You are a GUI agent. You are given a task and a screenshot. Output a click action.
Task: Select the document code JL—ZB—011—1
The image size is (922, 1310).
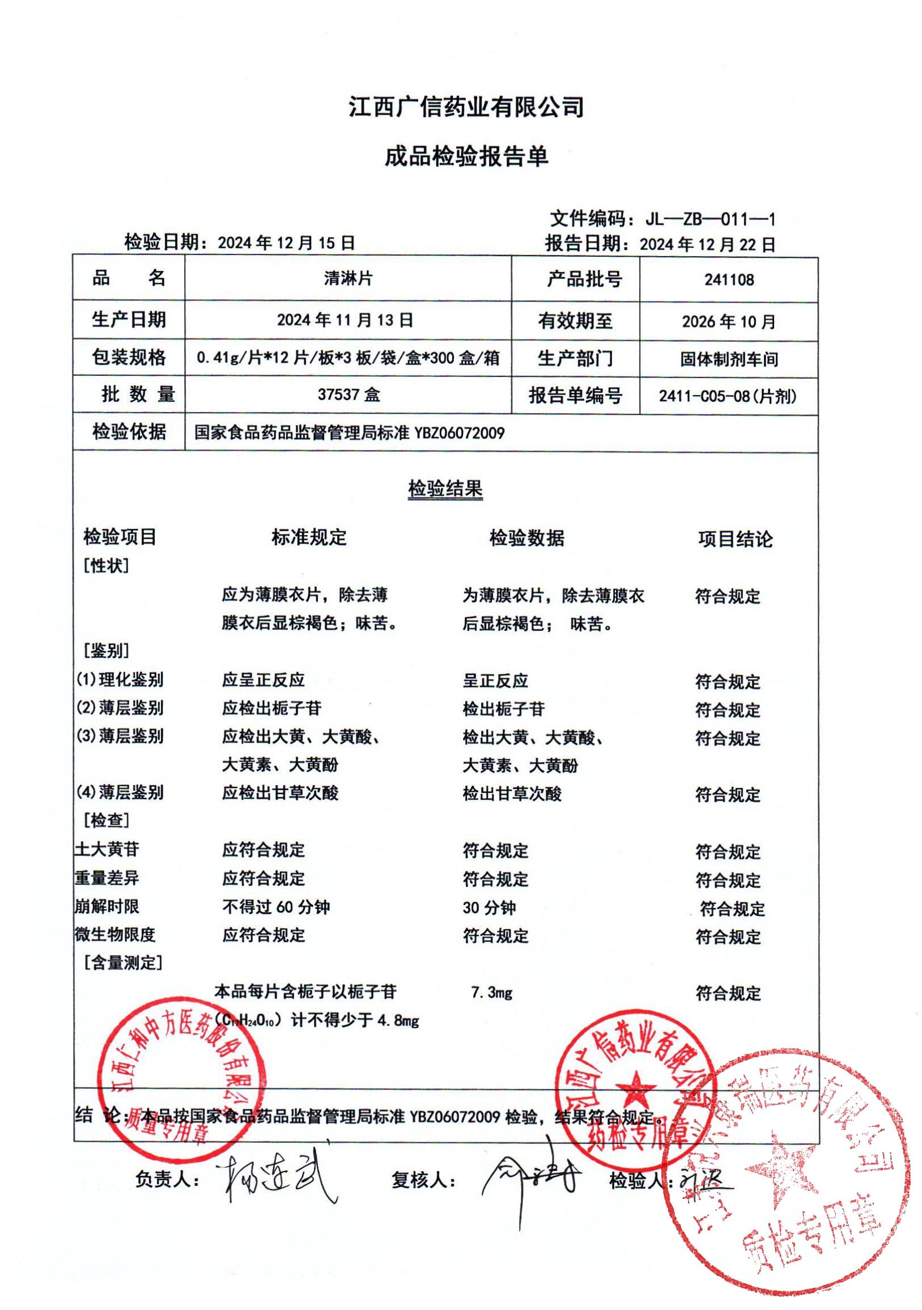tap(709, 219)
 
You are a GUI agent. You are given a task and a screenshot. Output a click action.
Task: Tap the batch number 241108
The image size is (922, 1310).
tap(729, 280)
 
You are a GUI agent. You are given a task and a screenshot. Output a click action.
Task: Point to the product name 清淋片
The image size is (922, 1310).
tap(348, 279)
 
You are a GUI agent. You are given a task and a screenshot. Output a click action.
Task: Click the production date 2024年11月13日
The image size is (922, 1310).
tap(345, 320)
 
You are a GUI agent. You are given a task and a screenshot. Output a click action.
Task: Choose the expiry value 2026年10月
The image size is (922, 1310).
tap(729, 322)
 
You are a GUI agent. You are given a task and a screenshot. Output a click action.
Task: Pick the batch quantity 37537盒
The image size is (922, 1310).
tap(349, 395)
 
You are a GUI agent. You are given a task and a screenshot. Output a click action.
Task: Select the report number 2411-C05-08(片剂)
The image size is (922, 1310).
tap(728, 396)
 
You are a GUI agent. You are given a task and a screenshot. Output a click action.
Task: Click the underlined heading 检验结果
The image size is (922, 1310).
tap(445, 489)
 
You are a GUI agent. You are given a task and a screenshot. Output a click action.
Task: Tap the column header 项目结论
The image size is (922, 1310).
tap(735, 539)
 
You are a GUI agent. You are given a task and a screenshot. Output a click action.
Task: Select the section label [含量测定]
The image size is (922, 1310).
tap(122, 963)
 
